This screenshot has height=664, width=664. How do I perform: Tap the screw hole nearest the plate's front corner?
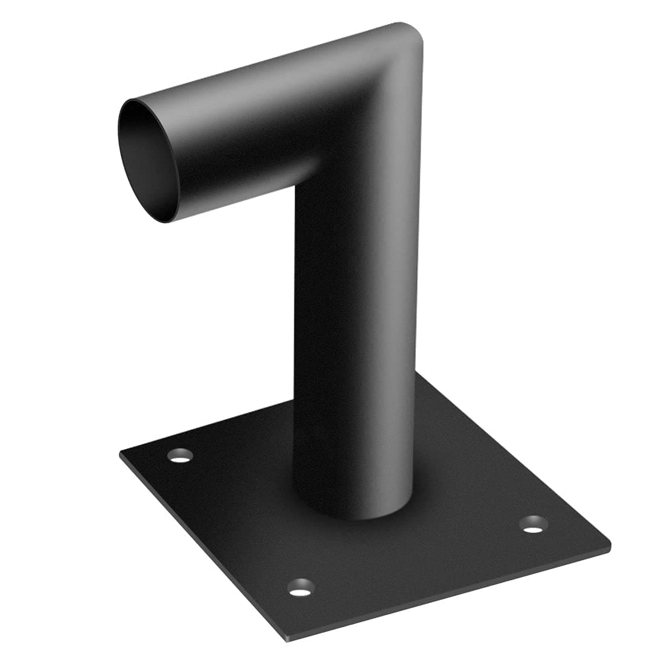point(301,587)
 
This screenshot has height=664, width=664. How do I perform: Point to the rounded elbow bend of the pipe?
point(386,78)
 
